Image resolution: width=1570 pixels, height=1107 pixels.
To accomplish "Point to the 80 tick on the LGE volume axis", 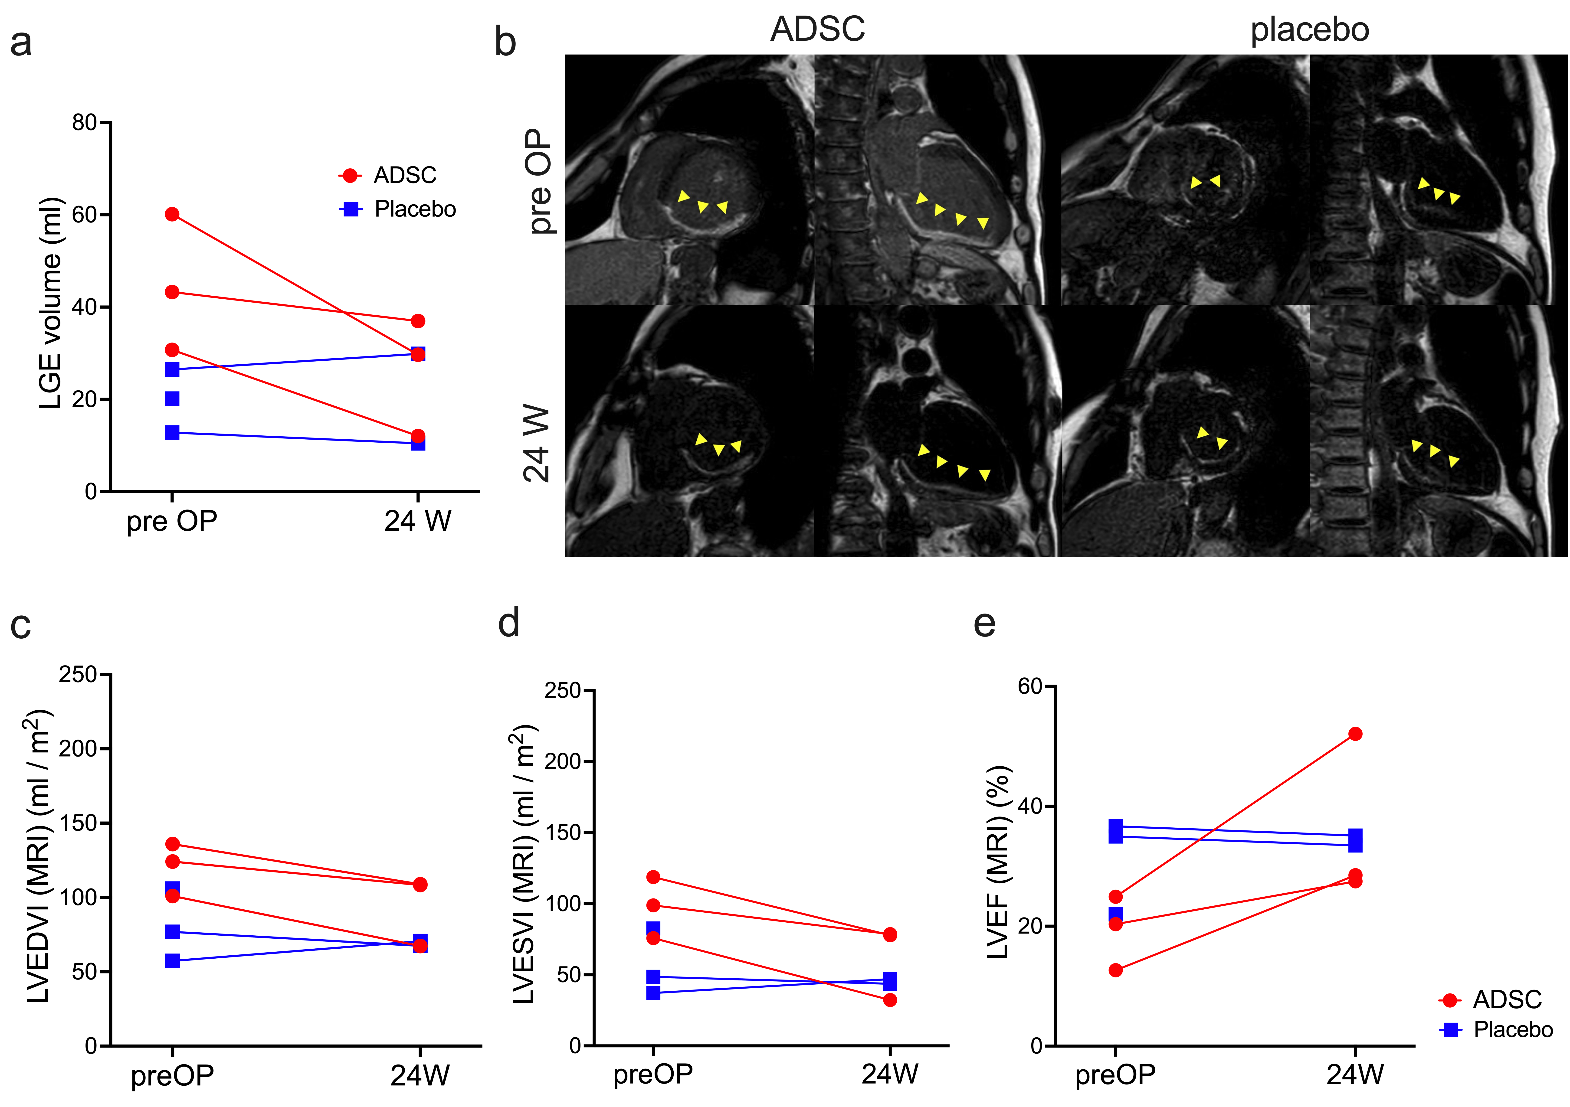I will coord(85,123).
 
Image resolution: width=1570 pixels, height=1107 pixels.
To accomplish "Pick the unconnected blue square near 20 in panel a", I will coord(172,399).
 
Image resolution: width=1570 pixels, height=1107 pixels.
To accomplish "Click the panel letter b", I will coord(505,42).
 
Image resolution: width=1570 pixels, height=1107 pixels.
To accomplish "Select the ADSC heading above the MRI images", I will coord(818,29).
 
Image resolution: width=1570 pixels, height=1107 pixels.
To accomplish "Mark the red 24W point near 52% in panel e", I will coord(1355,734).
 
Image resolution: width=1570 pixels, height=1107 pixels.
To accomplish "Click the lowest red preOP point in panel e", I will coord(1115,970).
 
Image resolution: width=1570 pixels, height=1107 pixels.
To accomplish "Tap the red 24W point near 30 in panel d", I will coord(890,1000).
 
